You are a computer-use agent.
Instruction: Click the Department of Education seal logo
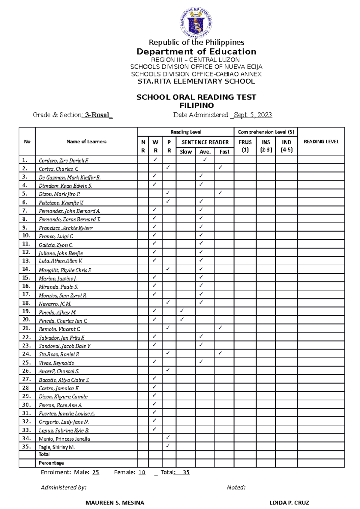pyautogui.click(x=196, y=22)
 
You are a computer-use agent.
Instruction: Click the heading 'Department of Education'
pyautogui.click(x=196, y=52)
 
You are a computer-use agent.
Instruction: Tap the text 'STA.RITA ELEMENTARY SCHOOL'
pyautogui.click(x=196, y=81)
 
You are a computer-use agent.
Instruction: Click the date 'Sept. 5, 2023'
pyautogui.click(x=252, y=115)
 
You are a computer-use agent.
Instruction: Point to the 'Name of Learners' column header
pyautogui.click(x=86, y=141)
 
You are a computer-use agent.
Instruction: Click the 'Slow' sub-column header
pyautogui.click(x=186, y=152)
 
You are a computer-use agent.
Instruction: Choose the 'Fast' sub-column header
pyautogui.click(x=224, y=152)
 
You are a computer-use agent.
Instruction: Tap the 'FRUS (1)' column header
pyautogui.click(x=245, y=146)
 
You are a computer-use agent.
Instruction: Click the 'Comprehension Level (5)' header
pyautogui.click(x=266, y=132)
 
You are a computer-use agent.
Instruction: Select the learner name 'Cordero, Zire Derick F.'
pyautogui.click(x=64, y=161)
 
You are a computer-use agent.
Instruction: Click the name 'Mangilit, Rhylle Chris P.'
pyautogui.click(x=65, y=270)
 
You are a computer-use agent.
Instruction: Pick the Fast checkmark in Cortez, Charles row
pyautogui.click(x=220, y=167)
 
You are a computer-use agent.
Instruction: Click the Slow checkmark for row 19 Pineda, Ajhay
pyautogui.click(x=182, y=311)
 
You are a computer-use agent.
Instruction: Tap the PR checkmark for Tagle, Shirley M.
pyautogui.click(x=168, y=445)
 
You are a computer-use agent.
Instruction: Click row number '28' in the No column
pyautogui.click(x=25, y=388)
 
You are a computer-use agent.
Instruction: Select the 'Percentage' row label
pyautogui.click(x=51, y=463)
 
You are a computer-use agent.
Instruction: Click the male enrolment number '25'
pyautogui.click(x=96, y=472)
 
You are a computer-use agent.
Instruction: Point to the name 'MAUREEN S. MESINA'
pyautogui.click(x=115, y=503)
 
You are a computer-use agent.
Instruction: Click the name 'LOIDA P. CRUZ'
pyautogui.click(x=289, y=503)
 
